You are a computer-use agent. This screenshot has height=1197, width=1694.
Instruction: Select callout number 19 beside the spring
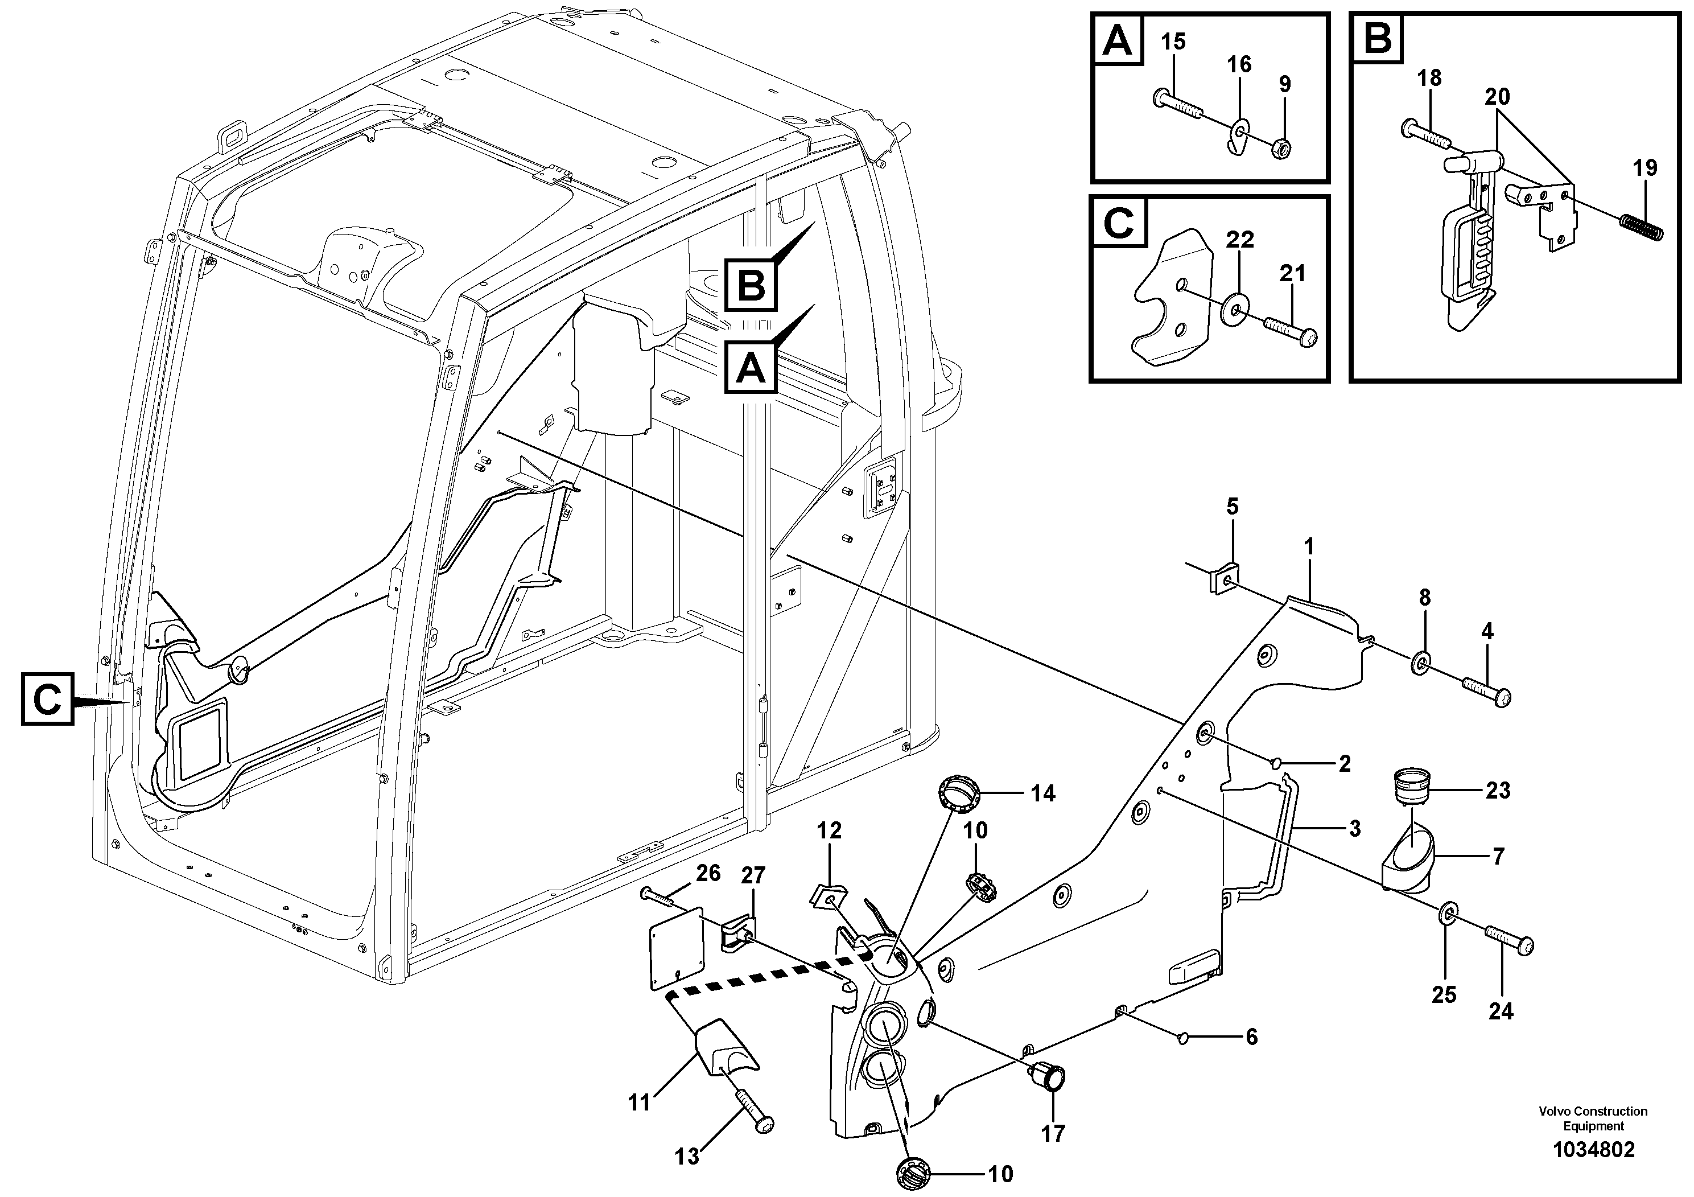[x=1644, y=167]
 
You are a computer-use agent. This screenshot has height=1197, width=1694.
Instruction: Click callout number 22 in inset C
[x=1240, y=240]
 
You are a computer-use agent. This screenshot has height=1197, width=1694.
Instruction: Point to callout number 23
[x=1498, y=791]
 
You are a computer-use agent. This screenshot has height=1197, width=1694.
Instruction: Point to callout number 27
[x=753, y=876]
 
